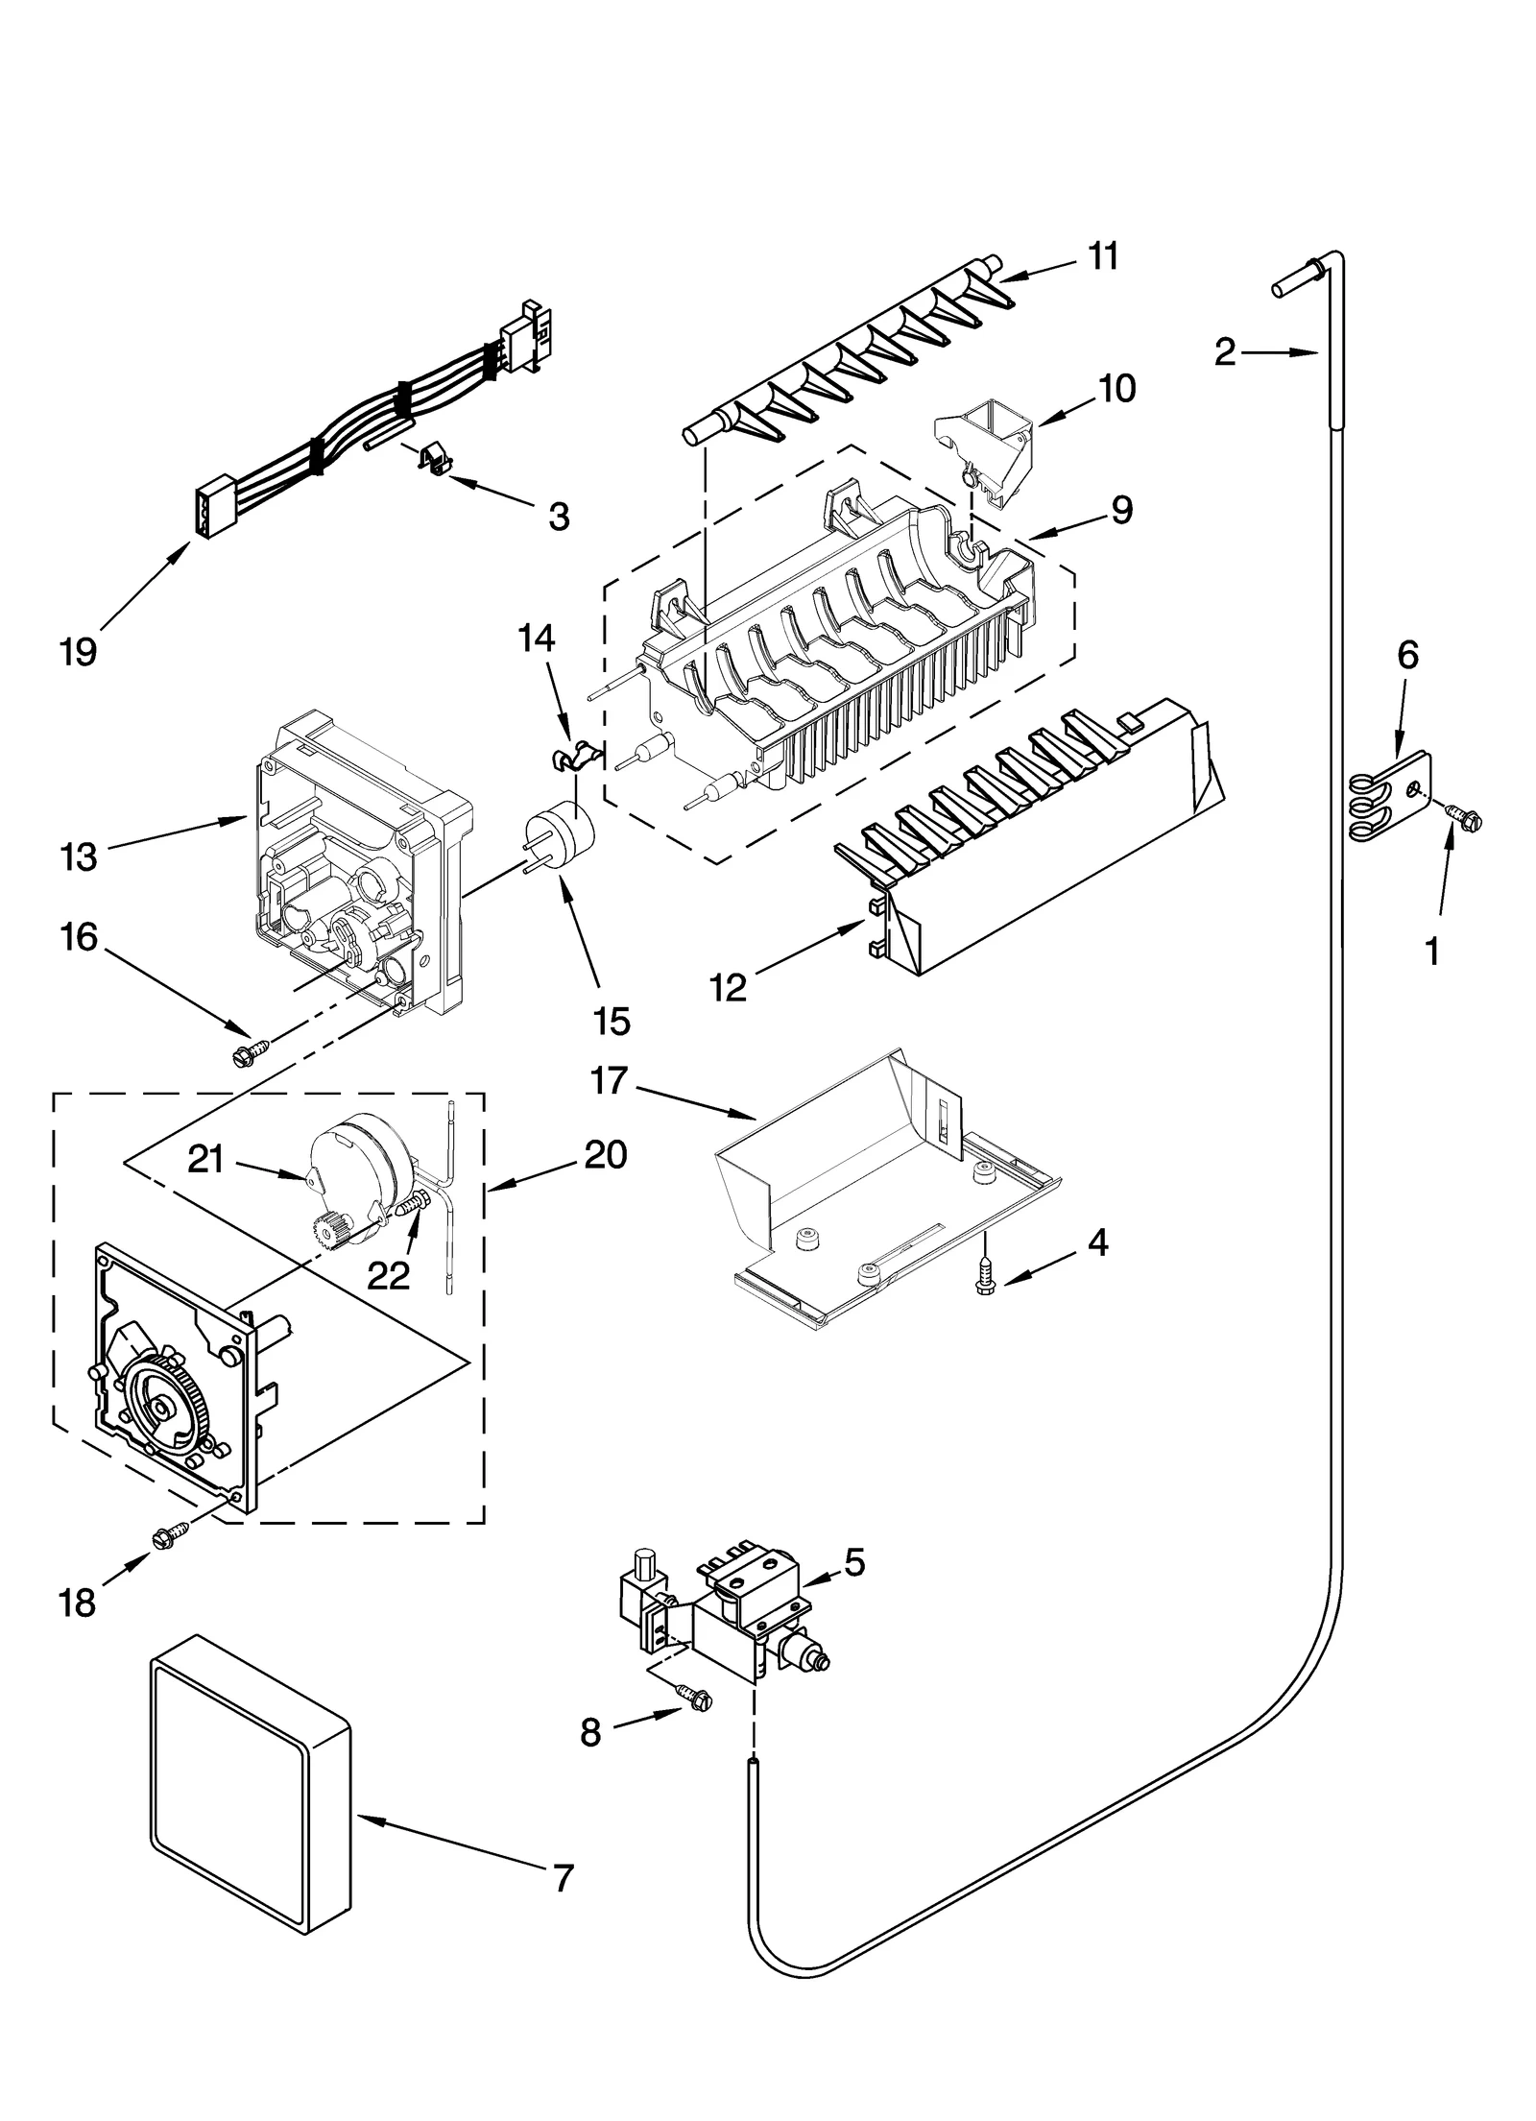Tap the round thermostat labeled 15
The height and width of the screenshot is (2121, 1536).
(x=560, y=832)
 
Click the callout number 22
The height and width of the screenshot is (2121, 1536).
(x=388, y=1275)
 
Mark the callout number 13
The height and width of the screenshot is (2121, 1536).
(x=78, y=856)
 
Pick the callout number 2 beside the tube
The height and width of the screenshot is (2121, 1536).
(x=1225, y=353)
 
